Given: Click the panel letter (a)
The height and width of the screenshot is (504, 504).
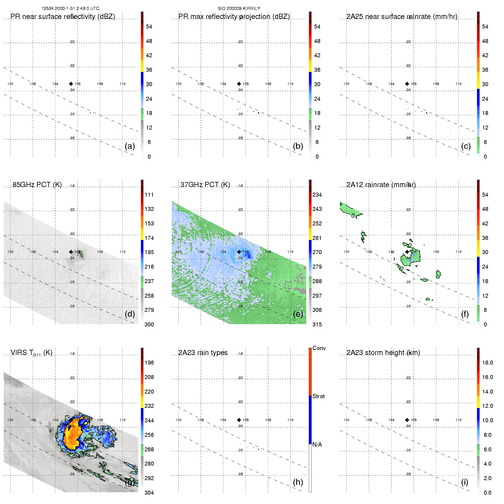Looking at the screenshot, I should [130, 146].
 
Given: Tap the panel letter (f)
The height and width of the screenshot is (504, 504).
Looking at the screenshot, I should [465, 314].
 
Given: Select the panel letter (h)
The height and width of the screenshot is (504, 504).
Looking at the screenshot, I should [298, 482].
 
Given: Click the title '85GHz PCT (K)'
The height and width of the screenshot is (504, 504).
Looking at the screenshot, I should [37, 185].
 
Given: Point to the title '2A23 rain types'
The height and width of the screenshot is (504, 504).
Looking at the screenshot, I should [203, 353].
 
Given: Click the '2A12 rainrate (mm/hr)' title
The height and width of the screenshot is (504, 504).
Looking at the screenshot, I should [381, 185].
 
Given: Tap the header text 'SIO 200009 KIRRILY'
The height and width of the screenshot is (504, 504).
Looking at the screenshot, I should [239, 9].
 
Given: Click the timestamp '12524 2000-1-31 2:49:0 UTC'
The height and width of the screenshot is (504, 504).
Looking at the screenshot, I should [71, 9].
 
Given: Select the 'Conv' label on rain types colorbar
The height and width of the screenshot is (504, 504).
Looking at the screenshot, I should [319, 348].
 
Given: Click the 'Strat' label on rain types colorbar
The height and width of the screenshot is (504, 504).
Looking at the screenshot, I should [318, 396].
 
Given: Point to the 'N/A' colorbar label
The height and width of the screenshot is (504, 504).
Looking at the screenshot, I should [317, 445].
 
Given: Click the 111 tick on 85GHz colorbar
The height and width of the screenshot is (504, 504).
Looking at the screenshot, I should [149, 195].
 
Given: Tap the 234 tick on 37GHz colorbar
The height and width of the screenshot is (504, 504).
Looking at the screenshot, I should [317, 195].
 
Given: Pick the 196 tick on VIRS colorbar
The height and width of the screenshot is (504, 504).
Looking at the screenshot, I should [149, 363].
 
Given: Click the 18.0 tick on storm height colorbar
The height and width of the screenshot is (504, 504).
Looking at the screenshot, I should [487, 363].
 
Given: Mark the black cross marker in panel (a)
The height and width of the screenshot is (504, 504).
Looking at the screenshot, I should [71, 84].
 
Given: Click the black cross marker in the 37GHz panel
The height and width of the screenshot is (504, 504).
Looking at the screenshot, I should [239, 252].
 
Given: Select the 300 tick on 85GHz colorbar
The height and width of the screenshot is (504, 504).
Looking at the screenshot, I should [149, 324].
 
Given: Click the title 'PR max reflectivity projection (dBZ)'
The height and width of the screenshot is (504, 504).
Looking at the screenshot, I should [234, 17].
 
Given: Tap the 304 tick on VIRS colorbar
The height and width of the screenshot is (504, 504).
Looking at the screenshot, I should [149, 493].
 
